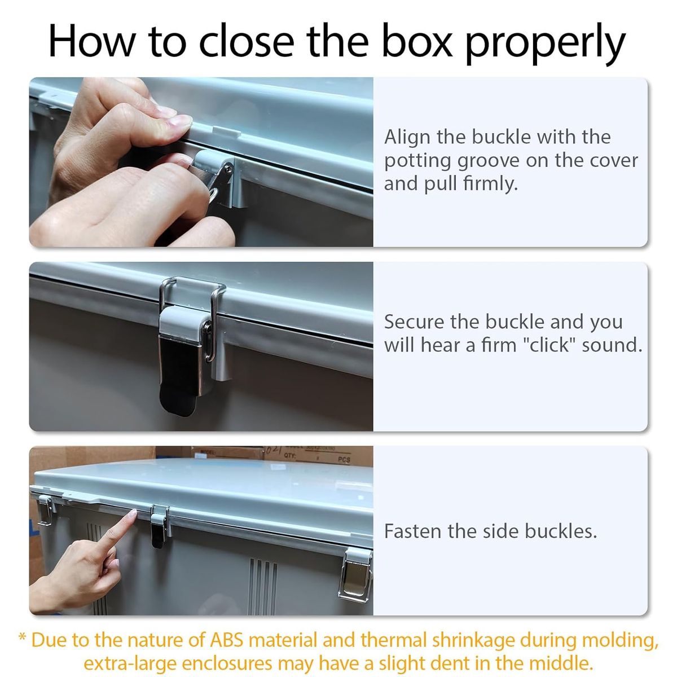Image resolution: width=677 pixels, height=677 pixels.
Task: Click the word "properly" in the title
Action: tap(546, 43)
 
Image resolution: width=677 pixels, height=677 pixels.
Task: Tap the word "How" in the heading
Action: tap(91, 41)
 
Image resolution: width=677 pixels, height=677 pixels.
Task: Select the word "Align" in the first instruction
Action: tap(407, 137)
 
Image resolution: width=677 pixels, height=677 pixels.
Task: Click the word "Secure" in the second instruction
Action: tap(414, 322)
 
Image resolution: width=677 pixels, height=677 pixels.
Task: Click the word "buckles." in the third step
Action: tap(561, 531)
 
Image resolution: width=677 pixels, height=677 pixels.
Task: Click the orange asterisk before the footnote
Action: tap(22, 636)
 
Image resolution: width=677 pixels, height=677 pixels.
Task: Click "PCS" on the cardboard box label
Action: tap(344, 460)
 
